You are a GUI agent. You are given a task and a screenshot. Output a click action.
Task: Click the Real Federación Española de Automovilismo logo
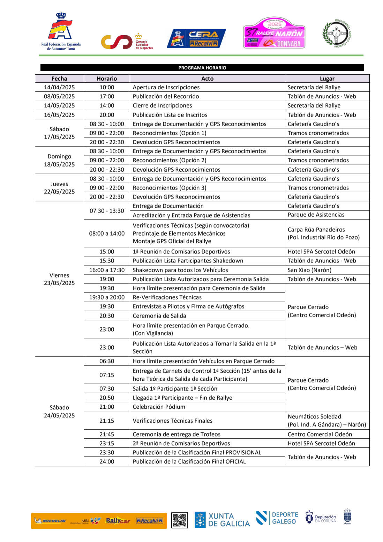(x=61, y=31)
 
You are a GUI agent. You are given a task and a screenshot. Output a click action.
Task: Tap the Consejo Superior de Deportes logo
(x=127, y=42)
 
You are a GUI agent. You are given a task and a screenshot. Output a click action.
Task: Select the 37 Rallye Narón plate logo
(x=274, y=33)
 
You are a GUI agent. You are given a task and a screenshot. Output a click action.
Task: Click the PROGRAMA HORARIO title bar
(x=202, y=68)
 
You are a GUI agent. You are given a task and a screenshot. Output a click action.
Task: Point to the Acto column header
(x=207, y=79)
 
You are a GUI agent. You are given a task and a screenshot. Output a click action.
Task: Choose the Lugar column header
(x=327, y=79)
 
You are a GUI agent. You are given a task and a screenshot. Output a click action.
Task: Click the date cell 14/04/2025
(x=59, y=87)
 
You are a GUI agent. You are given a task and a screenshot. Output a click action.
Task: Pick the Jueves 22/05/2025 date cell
(x=59, y=188)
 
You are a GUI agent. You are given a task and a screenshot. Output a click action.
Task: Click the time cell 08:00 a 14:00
(x=107, y=233)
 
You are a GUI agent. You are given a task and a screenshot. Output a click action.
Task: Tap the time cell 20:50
(x=107, y=398)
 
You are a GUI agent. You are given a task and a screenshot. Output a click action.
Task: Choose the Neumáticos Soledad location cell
(x=327, y=421)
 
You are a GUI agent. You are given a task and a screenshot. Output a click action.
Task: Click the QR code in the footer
(x=179, y=520)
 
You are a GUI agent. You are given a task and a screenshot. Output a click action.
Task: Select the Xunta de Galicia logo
(x=222, y=520)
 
